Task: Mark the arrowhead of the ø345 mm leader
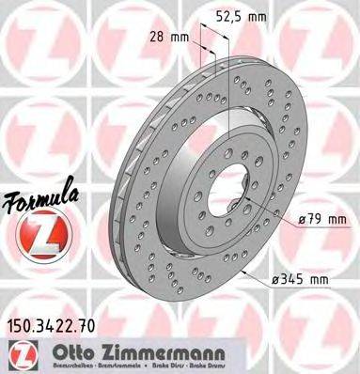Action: pos(242,273)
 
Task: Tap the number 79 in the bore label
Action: pos(313,219)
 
